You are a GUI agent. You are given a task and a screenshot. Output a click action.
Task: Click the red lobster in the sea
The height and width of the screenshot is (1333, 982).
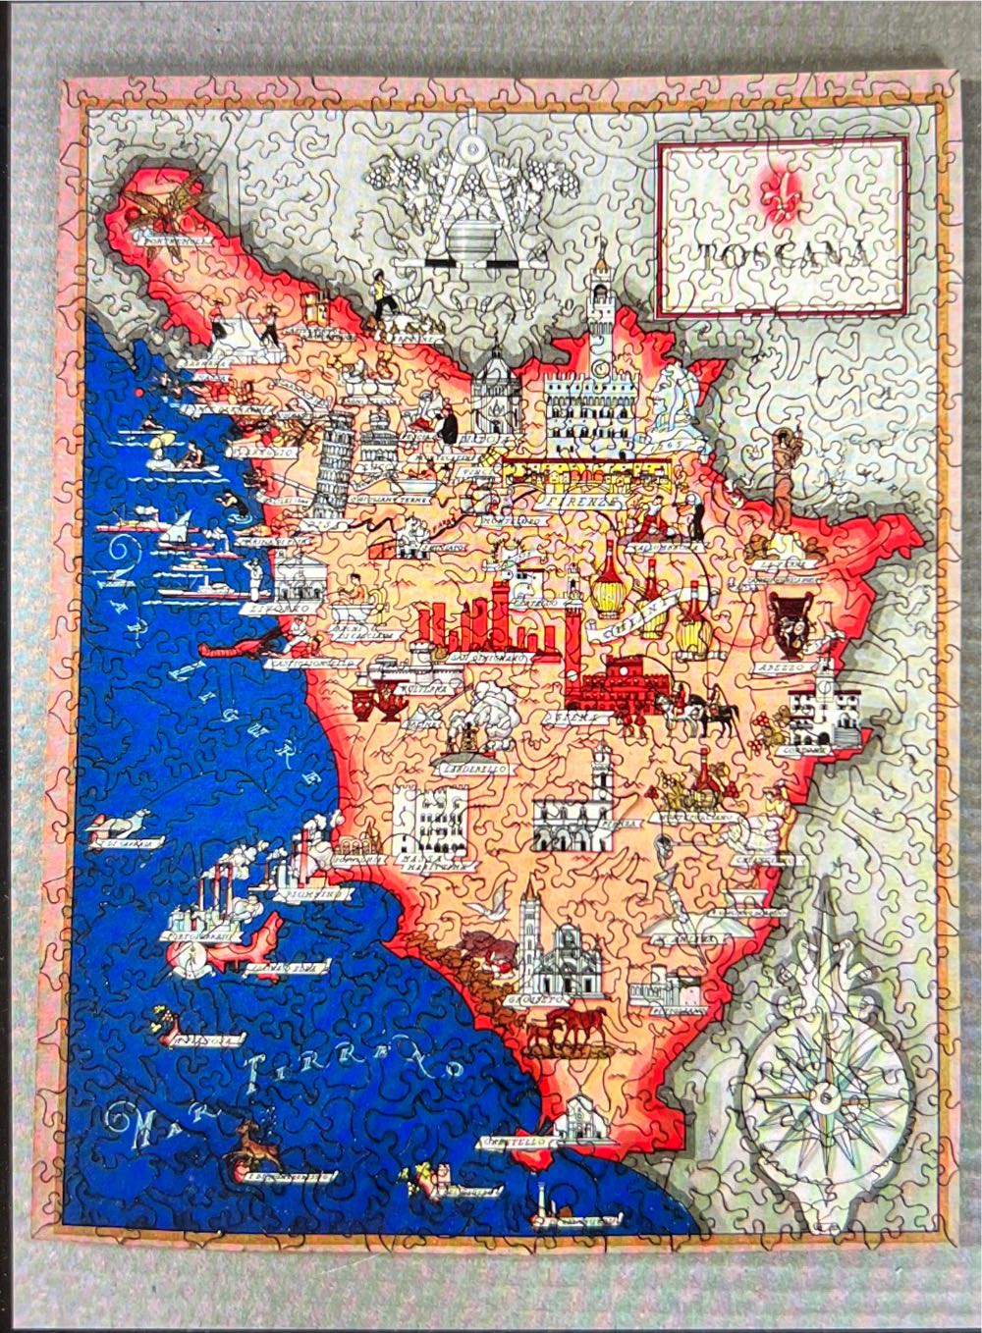click(232, 647)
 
